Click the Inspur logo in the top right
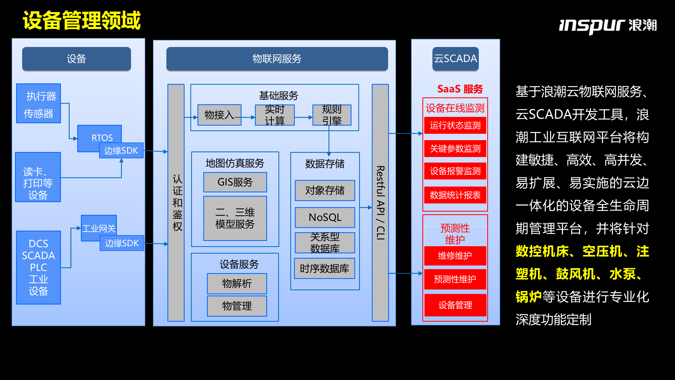click(x=607, y=26)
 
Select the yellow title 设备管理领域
click(x=82, y=20)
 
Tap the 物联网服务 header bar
click(x=277, y=59)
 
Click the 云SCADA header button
click(x=455, y=59)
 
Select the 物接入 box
click(x=219, y=115)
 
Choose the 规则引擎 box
click(x=332, y=115)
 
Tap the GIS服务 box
click(x=235, y=182)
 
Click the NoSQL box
click(x=325, y=217)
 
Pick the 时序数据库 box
click(x=324, y=269)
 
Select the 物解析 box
click(x=237, y=284)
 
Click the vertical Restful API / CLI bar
click(x=380, y=203)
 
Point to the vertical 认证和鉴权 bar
click(x=176, y=203)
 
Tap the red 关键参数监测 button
click(x=455, y=149)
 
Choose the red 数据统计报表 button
click(x=455, y=195)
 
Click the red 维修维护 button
click(x=455, y=255)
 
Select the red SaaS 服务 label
click(x=460, y=89)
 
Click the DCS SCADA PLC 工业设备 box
click(x=38, y=267)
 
